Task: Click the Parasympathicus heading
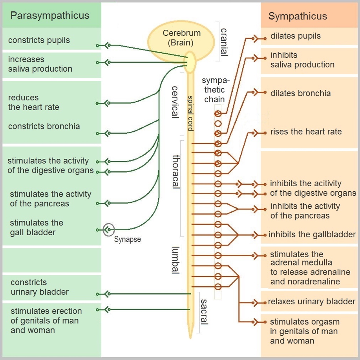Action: click(x=49, y=16)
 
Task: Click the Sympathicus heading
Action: click(x=298, y=16)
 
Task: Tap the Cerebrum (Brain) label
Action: click(x=181, y=38)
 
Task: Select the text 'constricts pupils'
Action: click(x=39, y=40)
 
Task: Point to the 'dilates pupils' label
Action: click(x=295, y=36)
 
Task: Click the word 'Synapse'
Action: click(x=127, y=239)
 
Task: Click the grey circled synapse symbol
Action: click(x=109, y=229)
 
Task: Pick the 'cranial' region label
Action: click(x=224, y=42)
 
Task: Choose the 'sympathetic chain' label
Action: click(x=214, y=90)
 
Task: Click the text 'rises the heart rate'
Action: click(x=306, y=132)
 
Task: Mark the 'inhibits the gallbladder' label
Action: click(x=312, y=235)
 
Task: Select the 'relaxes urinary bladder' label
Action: click(x=311, y=302)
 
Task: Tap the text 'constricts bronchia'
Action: click(x=44, y=126)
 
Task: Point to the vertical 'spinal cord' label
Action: click(x=190, y=113)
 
